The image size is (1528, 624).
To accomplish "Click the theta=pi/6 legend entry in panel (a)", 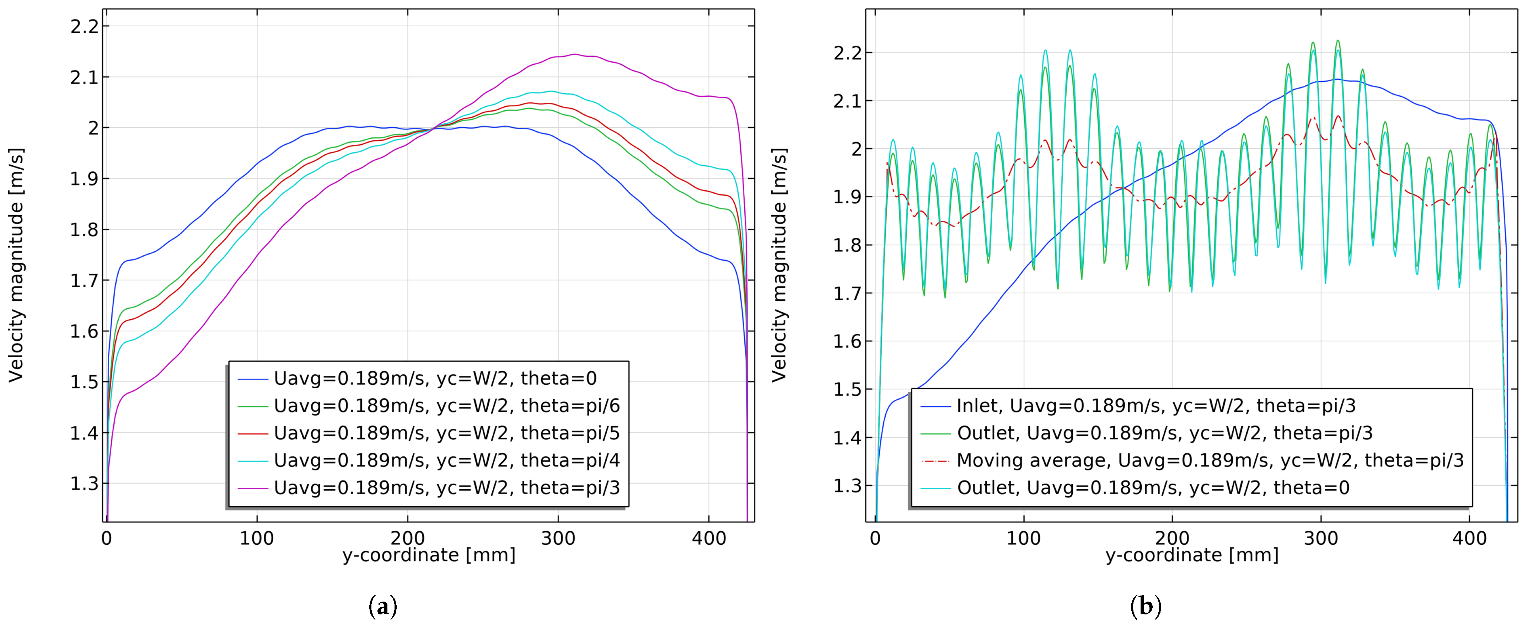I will [446, 406].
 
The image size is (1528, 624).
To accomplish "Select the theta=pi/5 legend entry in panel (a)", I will [446, 433].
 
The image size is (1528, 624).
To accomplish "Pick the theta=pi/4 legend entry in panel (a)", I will [446, 460].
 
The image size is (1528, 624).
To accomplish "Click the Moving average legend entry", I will [1210, 460].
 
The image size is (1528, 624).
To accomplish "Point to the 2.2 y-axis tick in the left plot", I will [85, 26].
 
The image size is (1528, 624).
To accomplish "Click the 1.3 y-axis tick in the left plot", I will [85, 484].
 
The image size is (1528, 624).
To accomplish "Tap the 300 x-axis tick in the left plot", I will [558, 539].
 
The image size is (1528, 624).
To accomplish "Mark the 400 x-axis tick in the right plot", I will [1470, 539].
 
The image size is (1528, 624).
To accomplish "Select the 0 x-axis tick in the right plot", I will [875, 539].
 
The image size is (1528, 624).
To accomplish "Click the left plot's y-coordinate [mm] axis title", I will [429, 555].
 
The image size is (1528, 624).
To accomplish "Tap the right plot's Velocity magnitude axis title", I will [778, 265].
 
